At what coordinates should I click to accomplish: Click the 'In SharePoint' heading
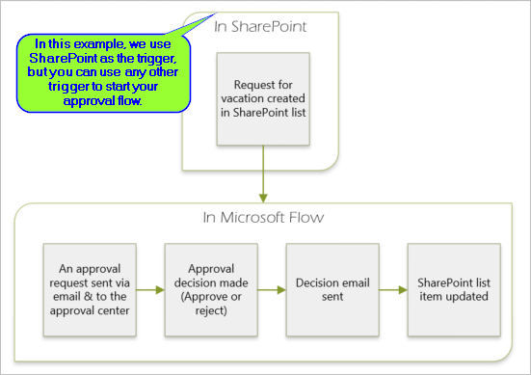click(261, 26)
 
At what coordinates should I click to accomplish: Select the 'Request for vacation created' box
click(261, 97)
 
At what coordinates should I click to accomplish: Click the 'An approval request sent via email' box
click(89, 288)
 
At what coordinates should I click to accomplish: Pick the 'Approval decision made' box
click(209, 288)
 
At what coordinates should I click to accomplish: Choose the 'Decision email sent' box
click(331, 288)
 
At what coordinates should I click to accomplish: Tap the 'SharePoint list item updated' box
click(453, 288)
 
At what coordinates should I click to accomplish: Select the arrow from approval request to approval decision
click(148, 288)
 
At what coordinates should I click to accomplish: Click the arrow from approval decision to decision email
click(270, 288)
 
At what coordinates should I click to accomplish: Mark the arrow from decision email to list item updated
click(391, 288)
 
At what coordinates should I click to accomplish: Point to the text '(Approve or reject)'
click(209, 303)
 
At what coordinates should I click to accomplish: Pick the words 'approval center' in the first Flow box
click(89, 310)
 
